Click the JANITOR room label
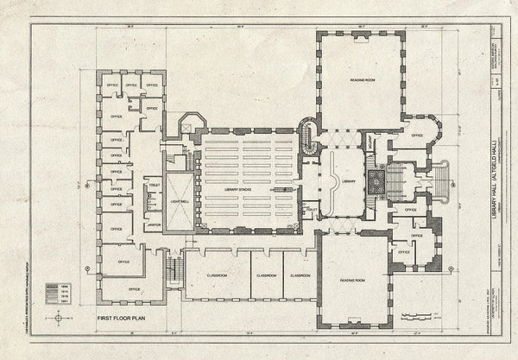point(154,226)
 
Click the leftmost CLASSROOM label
point(217,275)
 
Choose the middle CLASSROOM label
point(265,275)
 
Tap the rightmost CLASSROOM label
point(300,275)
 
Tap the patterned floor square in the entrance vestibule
point(377,181)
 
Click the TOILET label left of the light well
point(155,185)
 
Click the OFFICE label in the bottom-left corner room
point(134,288)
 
